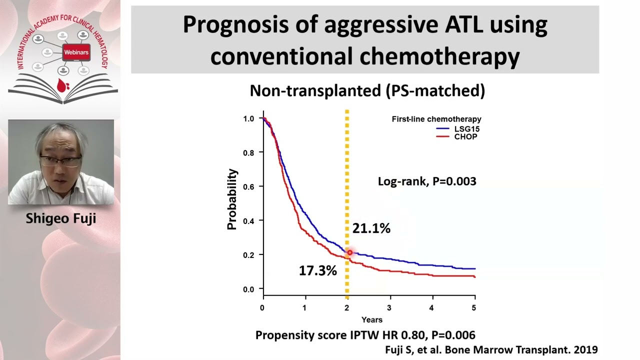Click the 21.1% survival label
(371, 229)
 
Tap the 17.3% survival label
(318, 271)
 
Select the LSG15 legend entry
(466, 129)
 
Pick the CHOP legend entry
(465, 136)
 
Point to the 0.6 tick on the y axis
(248, 186)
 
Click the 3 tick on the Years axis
(389, 307)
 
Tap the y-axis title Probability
(232, 199)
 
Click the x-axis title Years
(371, 319)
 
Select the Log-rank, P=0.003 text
(426, 181)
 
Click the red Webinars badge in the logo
(76, 52)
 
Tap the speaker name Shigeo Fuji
(60, 218)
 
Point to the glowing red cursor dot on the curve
(350, 253)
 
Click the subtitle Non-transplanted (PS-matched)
(367, 90)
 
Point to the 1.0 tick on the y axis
(248, 118)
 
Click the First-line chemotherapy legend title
(436, 119)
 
